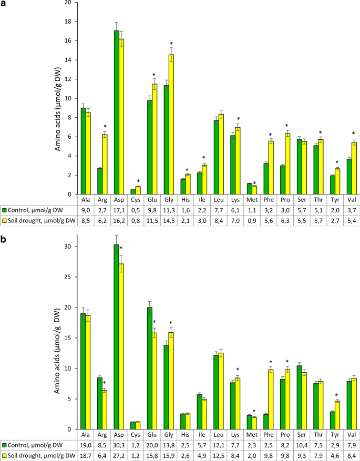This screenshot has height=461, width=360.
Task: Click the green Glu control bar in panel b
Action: click(150, 368)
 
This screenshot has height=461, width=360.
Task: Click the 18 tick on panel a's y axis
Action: click(68, 22)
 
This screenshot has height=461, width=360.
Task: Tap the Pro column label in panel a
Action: click(286, 200)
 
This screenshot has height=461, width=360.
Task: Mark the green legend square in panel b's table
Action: click(4, 445)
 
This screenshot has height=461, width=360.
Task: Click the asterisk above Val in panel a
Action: click(353, 134)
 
